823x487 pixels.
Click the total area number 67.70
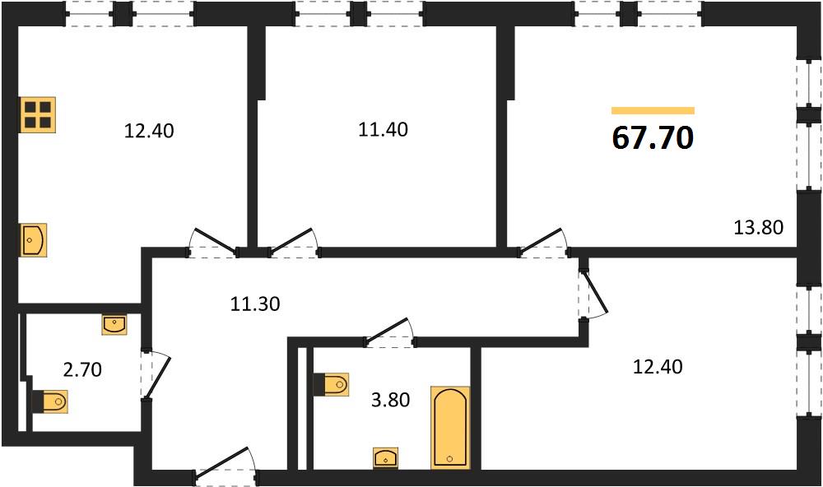[x=653, y=138]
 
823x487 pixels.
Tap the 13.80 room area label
[x=758, y=227]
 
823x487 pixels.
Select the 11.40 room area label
[x=383, y=129]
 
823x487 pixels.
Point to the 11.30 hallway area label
[x=255, y=304]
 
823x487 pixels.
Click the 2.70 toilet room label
[x=82, y=370]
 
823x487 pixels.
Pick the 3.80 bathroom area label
[x=390, y=401]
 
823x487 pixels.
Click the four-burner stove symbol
[x=38, y=114]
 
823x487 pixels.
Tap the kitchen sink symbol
[x=34, y=240]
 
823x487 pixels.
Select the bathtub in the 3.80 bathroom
[x=450, y=427]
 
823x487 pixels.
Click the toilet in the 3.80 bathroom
[x=331, y=385]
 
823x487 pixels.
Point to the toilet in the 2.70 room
[x=50, y=402]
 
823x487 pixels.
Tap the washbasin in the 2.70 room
[x=114, y=325]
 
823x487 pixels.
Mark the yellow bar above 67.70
[x=653, y=110]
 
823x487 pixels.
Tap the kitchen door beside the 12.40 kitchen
[x=212, y=242]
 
